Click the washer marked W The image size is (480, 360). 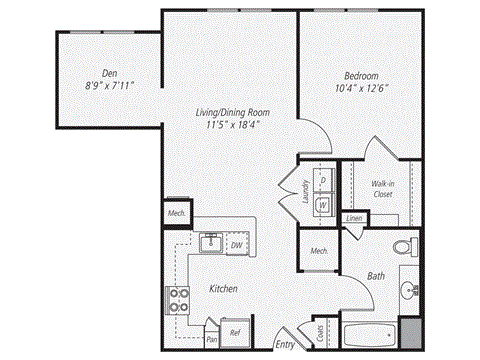coord(323,203)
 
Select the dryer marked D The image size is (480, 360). coord(323,181)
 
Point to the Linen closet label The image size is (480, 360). coord(354,218)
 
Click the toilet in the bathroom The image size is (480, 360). coord(405,246)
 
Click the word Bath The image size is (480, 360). coord(376,275)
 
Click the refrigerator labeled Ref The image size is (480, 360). coord(236,332)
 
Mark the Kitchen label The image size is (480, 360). coord(223,288)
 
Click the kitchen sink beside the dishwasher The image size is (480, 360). coord(212,243)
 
